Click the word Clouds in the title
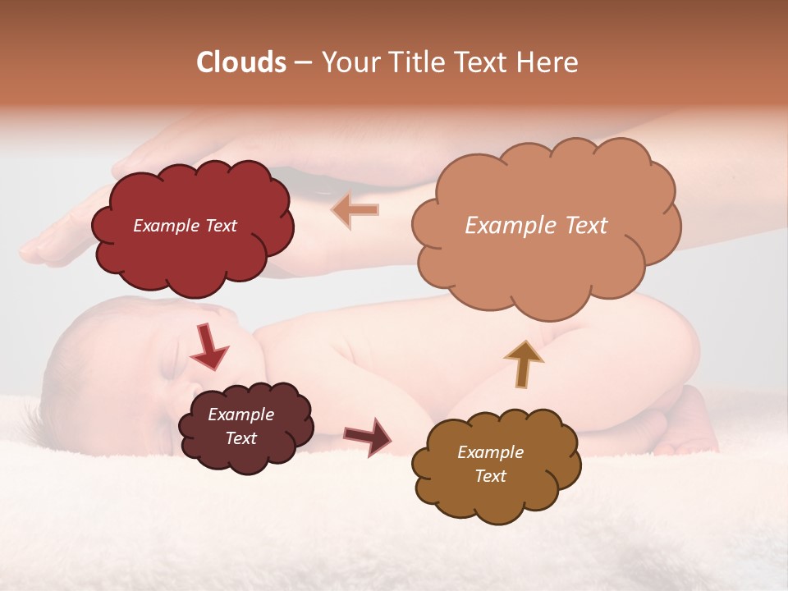click(x=241, y=62)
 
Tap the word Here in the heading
click(x=550, y=62)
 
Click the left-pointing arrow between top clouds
click(x=355, y=210)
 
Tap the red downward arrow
click(x=208, y=346)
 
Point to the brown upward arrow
click(x=523, y=364)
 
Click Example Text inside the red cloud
click(x=185, y=226)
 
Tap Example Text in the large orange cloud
click(x=536, y=225)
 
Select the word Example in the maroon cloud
click(x=241, y=415)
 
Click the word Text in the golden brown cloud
click(x=490, y=476)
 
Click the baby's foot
click(x=689, y=427)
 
